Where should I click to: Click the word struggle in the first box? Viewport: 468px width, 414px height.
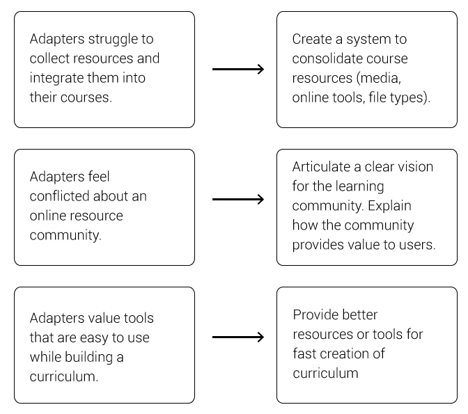(x=113, y=40)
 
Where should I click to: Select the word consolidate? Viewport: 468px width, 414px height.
(x=327, y=58)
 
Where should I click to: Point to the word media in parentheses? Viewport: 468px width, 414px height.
(x=380, y=78)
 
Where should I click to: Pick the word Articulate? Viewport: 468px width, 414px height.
(x=321, y=167)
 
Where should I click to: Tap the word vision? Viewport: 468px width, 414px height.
(x=416, y=167)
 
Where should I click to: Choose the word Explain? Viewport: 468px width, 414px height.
(x=389, y=207)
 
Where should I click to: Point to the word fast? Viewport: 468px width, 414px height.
(x=304, y=353)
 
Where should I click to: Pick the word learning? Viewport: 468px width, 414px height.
(x=359, y=187)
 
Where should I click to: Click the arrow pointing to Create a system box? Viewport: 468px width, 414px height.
(x=238, y=69)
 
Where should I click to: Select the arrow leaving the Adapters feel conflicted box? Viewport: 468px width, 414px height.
(x=238, y=199)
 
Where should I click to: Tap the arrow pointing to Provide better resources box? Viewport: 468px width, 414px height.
(x=238, y=337)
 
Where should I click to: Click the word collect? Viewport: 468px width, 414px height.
(x=49, y=58)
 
